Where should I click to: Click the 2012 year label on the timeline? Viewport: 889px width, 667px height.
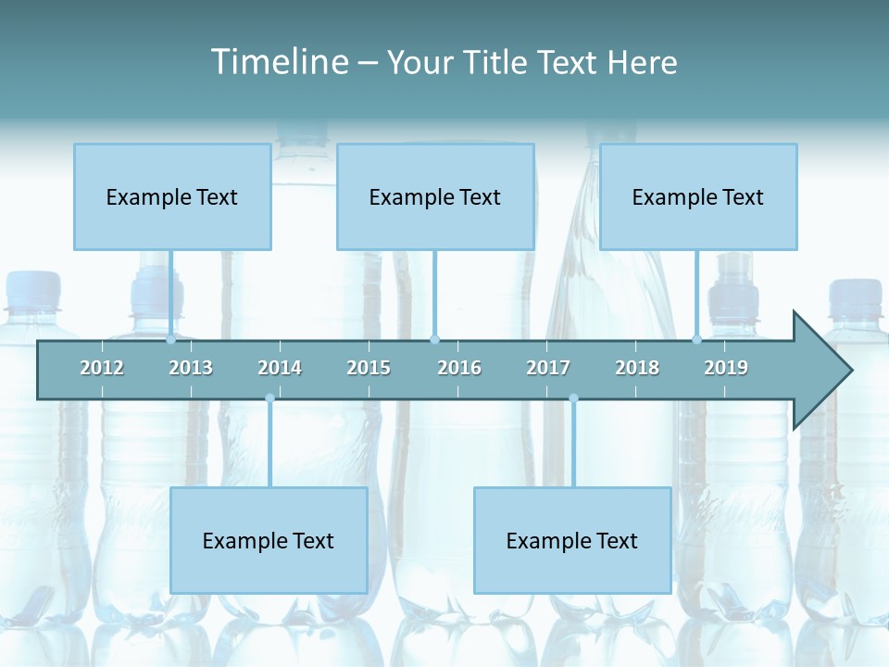[x=102, y=368]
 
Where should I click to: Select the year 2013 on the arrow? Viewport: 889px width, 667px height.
[x=191, y=368]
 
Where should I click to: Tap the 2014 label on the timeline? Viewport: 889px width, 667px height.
[x=280, y=368]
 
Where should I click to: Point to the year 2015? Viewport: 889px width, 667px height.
[x=369, y=368]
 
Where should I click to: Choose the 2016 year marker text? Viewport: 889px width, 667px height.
[x=459, y=368]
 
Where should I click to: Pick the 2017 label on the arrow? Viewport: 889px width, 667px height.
[x=548, y=368]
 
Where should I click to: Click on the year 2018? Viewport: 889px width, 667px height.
[x=637, y=368]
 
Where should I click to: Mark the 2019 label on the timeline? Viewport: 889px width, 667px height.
[x=726, y=368]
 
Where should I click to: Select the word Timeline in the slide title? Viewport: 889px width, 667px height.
[x=278, y=62]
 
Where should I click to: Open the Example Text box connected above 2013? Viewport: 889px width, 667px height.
[x=172, y=196]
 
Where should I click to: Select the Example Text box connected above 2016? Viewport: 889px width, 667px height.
[x=435, y=196]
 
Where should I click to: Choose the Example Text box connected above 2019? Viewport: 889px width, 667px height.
[x=698, y=196]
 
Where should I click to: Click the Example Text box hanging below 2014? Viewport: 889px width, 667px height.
[x=269, y=540]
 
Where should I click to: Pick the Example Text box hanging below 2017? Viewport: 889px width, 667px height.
[x=572, y=540]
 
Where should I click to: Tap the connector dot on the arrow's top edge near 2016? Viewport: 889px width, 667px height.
[x=435, y=340]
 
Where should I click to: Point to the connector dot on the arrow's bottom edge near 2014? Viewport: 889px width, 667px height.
[x=269, y=398]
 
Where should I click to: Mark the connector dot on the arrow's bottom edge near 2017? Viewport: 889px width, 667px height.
[x=573, y=398]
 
